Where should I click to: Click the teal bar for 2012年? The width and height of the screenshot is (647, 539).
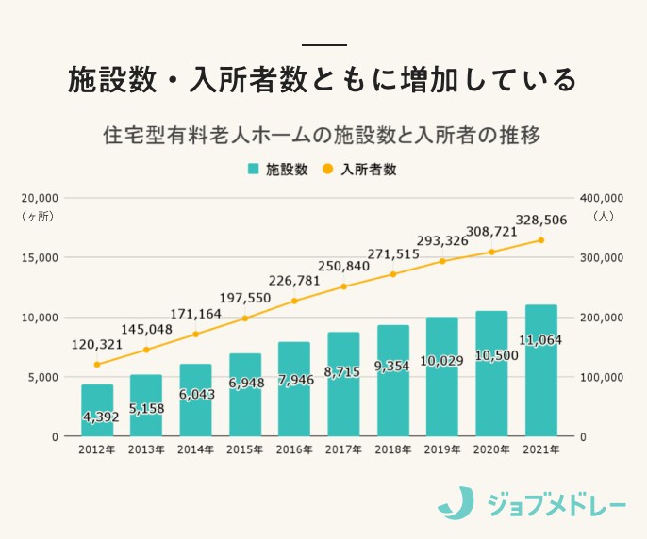tap(96, 410)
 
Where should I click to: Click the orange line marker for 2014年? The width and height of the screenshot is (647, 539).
tap(195, 334)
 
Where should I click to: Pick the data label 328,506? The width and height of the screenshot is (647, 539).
tap(540, 219)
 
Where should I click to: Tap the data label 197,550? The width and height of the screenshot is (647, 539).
tap(244, 298)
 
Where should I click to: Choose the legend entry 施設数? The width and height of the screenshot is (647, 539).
tap(278, 170)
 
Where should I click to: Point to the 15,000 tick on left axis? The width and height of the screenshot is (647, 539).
tap(41, 257)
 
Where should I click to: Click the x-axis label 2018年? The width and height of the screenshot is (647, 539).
tap(392, 450)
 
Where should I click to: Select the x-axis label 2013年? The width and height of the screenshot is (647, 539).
tap(146, 450)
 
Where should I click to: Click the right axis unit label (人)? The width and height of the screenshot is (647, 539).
tap(604, 217)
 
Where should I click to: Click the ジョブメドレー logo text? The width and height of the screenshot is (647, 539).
tap(556, 504)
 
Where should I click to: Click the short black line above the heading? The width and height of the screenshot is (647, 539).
tap(323, 44)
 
